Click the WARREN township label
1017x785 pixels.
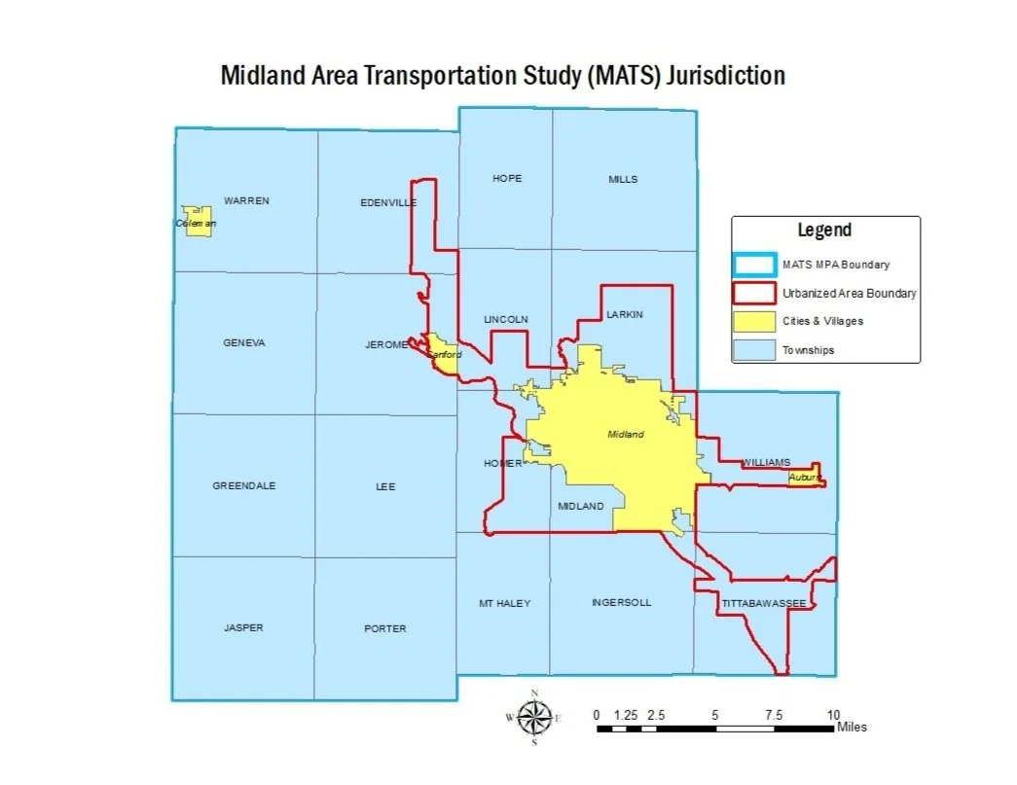click(246, 201)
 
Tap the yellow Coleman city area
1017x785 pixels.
click(199, 222)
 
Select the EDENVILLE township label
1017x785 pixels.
click(388, 202)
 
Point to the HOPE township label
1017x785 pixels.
click(507, 179)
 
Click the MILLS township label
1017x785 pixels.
click(623, 179)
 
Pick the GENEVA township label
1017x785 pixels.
click(243, 343)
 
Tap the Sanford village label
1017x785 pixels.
click(446, 355)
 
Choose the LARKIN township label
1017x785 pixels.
click(625, 315)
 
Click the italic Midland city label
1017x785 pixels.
click(625, 435)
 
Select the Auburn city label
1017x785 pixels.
click(806, 478)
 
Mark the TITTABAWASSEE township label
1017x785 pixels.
click(764, 604)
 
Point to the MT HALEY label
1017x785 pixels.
click(504, 604)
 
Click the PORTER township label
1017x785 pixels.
click(385, 628)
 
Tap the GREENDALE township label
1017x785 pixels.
click(244, 486)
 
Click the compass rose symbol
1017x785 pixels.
click(533, 718)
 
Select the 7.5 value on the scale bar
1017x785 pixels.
click(774, 715)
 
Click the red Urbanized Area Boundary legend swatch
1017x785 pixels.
click(755, 293)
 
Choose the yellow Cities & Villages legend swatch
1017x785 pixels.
click(755, 321)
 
